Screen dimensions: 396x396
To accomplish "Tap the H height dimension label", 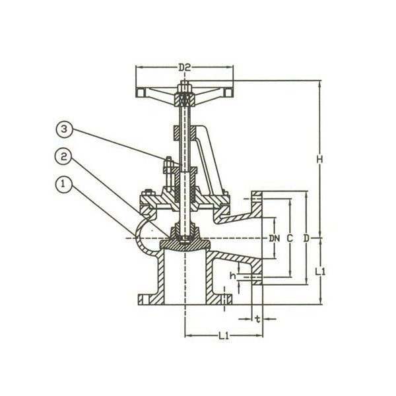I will click(x=319, y=160).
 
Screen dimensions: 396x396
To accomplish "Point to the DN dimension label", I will click(x=274, y=237).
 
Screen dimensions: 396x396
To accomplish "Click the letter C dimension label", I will click(x=290, y=237).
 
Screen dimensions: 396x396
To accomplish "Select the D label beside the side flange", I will click(x=306, y=237).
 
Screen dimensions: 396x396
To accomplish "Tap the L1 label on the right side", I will click(x=319, y=271).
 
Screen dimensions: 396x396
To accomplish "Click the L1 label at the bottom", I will click(x=222, y=337).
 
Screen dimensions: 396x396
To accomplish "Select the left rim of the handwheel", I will click(x=140, y=92).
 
